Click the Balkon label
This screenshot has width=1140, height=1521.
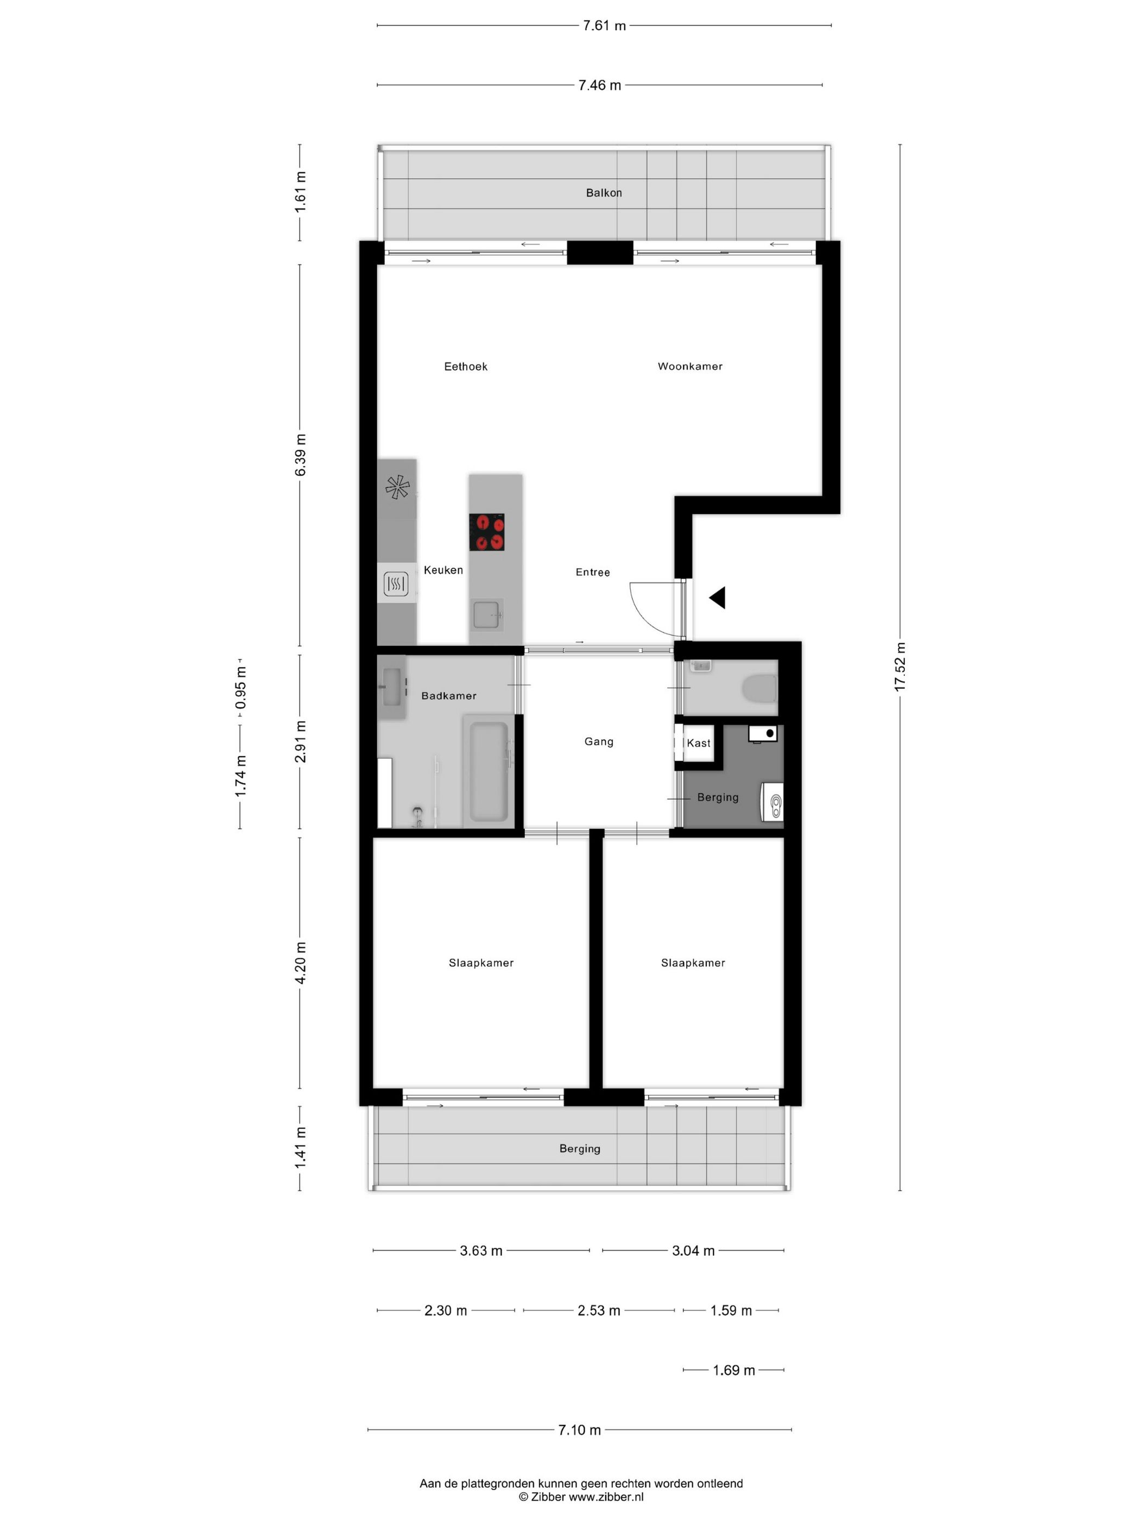[603, 192]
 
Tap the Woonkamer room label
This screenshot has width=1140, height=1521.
[690, 367]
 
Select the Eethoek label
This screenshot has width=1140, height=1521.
[465, 367]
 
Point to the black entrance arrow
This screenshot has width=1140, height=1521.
[718, 598]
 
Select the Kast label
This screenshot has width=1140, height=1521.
[698, 743]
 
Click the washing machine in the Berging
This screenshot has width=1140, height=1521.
[772, 801]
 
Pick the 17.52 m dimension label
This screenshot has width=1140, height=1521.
[900, 667]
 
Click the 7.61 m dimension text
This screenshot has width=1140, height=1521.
[604, 26]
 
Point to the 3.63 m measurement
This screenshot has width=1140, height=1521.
[481, 1251]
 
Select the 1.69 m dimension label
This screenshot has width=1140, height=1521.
[733, 1371]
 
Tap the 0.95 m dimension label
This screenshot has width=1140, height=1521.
[240, 687]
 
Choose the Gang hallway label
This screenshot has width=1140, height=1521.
[599, 741]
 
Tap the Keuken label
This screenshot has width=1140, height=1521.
[443, 570]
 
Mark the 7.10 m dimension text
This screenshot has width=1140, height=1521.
[579, 1430]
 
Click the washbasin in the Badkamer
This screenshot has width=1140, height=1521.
[393, 687]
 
